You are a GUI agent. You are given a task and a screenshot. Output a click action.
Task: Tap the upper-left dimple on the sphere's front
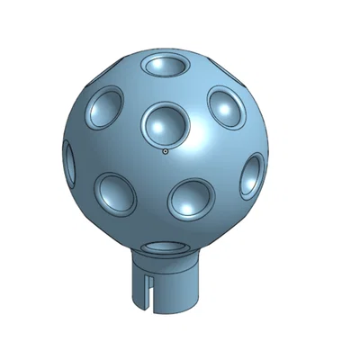[x=106, y=108]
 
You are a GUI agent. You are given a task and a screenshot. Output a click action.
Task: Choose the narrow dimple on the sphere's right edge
[x=252, y=175]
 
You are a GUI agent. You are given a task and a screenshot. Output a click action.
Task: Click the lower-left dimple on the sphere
[x=116, y=193]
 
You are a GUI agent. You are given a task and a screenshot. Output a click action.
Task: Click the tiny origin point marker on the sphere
[x=166, y=152]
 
